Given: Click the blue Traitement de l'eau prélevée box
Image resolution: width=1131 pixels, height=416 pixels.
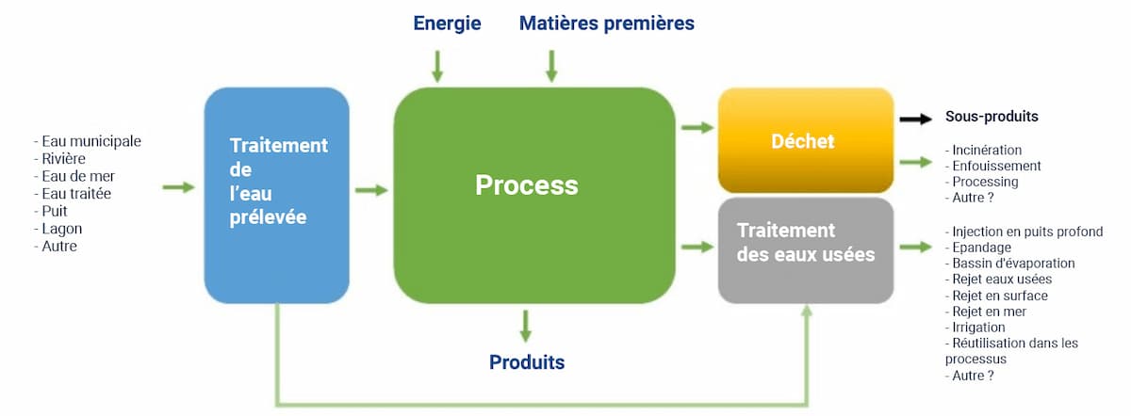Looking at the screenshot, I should pyautogui.click(x=276, y=195).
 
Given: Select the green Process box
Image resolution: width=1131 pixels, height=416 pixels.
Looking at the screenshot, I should pyautogui.click(x=533, y=195).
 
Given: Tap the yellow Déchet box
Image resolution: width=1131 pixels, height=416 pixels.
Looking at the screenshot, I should pyautogui.click(x=805, y=141).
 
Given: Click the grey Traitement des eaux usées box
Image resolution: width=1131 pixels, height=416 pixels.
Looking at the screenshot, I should pyautogui.click(x=805, y=249).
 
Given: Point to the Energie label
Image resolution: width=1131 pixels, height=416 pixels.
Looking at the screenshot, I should pyautogui.click(x=447, y=24).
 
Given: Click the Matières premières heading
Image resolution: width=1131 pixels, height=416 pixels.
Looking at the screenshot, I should pyautogui.click(x=606, y=24).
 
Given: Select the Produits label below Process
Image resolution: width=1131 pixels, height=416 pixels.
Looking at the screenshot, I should pyautogui.click(x=526, y=362).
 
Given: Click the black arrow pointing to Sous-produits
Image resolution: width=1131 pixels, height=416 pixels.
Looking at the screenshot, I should pyautogui.click(x=914, y=119).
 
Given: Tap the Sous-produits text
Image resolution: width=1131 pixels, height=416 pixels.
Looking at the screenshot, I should pyautogui.click(x=992, y=118).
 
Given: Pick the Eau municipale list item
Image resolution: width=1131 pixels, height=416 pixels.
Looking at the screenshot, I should pyautogui.click(x=90, y=141).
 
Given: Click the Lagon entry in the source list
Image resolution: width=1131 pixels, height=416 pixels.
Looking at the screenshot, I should pyautogui.click(x=62, y=229).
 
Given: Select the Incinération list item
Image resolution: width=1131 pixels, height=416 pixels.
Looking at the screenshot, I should pyautogui.click(x=986, y=150).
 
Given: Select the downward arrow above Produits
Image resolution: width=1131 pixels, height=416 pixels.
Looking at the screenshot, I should pyautogui.click(x=526, y=326).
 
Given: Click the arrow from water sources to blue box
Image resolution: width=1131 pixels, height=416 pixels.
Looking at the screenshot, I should pyautogui.click(x=178, y=188).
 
